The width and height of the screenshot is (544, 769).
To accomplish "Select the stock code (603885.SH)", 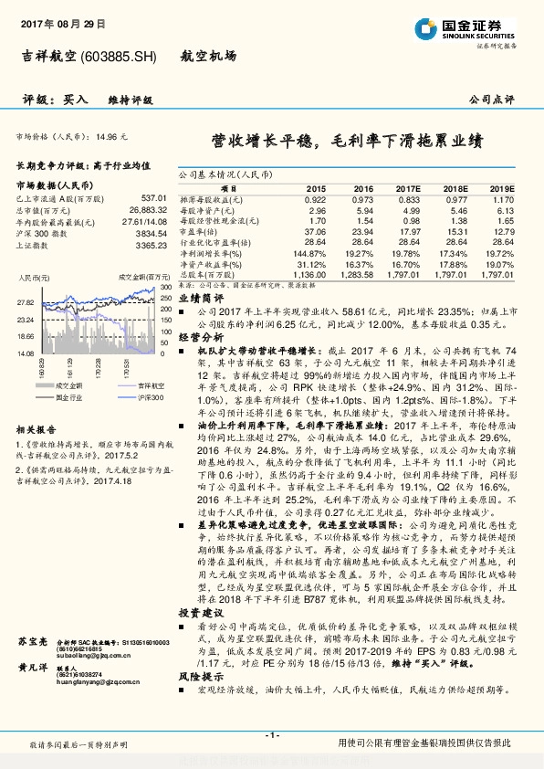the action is pos(120,57).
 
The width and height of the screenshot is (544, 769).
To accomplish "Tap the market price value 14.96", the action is pos(105,136).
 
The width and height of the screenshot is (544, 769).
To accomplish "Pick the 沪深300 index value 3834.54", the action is pos(148,233).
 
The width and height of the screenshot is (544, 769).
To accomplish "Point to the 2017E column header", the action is pos(408,186).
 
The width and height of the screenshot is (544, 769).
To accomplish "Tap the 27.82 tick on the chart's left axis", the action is pos(26,302).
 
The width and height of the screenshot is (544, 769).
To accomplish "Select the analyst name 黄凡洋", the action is pos(32,669).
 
